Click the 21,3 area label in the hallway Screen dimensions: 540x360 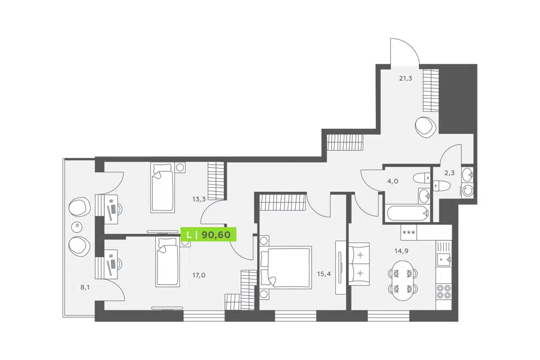point(406,79)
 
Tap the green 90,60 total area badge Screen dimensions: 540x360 point(210,235)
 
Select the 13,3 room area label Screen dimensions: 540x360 point(199,199)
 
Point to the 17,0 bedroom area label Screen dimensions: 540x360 point(199,275)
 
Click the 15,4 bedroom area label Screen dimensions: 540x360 point(324,274)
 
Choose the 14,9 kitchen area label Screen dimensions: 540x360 point(402,251)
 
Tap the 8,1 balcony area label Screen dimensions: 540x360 point(85,287)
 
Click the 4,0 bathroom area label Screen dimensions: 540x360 point(393,181)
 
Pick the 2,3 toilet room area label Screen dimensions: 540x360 point(449,173)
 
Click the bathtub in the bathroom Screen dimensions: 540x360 point(408,213)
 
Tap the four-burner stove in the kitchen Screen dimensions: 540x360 point(444,291)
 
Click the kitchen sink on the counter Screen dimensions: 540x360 point(444,259)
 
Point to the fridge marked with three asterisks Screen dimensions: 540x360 point(409,232)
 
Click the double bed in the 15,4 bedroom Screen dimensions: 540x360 point(286,267)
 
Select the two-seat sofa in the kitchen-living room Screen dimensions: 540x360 point(359,264)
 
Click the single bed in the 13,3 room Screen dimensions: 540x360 point(163,187)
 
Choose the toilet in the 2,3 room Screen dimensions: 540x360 point(441,186)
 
